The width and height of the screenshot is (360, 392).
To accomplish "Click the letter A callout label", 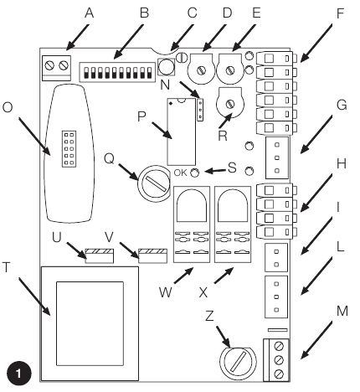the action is click(x=89, y=13).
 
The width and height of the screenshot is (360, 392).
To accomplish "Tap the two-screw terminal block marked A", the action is click(x=56, y=68).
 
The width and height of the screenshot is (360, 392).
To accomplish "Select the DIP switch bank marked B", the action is click(x=117, y=72).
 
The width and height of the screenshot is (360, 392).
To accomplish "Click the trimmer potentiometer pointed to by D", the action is click(x=201, y=69).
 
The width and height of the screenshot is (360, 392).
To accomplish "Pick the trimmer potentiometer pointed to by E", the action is click(x=230, y=69).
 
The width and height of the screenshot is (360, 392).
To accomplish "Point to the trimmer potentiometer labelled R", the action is click(x=230, y=102).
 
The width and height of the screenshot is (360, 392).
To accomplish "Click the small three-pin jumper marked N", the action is click(x=200, y=110).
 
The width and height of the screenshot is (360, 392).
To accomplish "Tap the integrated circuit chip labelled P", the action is click(x=181, y=132).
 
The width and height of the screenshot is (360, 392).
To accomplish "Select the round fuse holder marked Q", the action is click(x=154, y=183).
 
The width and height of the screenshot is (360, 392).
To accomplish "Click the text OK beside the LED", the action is click(x=180, y=173).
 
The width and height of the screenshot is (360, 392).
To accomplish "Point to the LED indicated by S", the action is click(x=195, y=173).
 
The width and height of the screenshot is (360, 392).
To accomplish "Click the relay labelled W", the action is click(x=192, y=224).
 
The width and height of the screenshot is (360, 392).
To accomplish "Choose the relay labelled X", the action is click(x=233, y=224).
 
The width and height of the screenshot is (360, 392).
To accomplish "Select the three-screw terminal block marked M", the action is click(x=276, y=360).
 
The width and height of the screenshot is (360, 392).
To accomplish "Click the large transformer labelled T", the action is click(x=90, y=323).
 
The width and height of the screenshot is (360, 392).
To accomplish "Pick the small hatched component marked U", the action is click(x=100, y=255).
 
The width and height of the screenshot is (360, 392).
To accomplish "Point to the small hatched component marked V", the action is click(x=153, y=255).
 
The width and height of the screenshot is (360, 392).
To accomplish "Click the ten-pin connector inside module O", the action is click(x=69, y=149).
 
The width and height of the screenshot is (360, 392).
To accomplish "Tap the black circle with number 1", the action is click(x=18, y=374).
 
